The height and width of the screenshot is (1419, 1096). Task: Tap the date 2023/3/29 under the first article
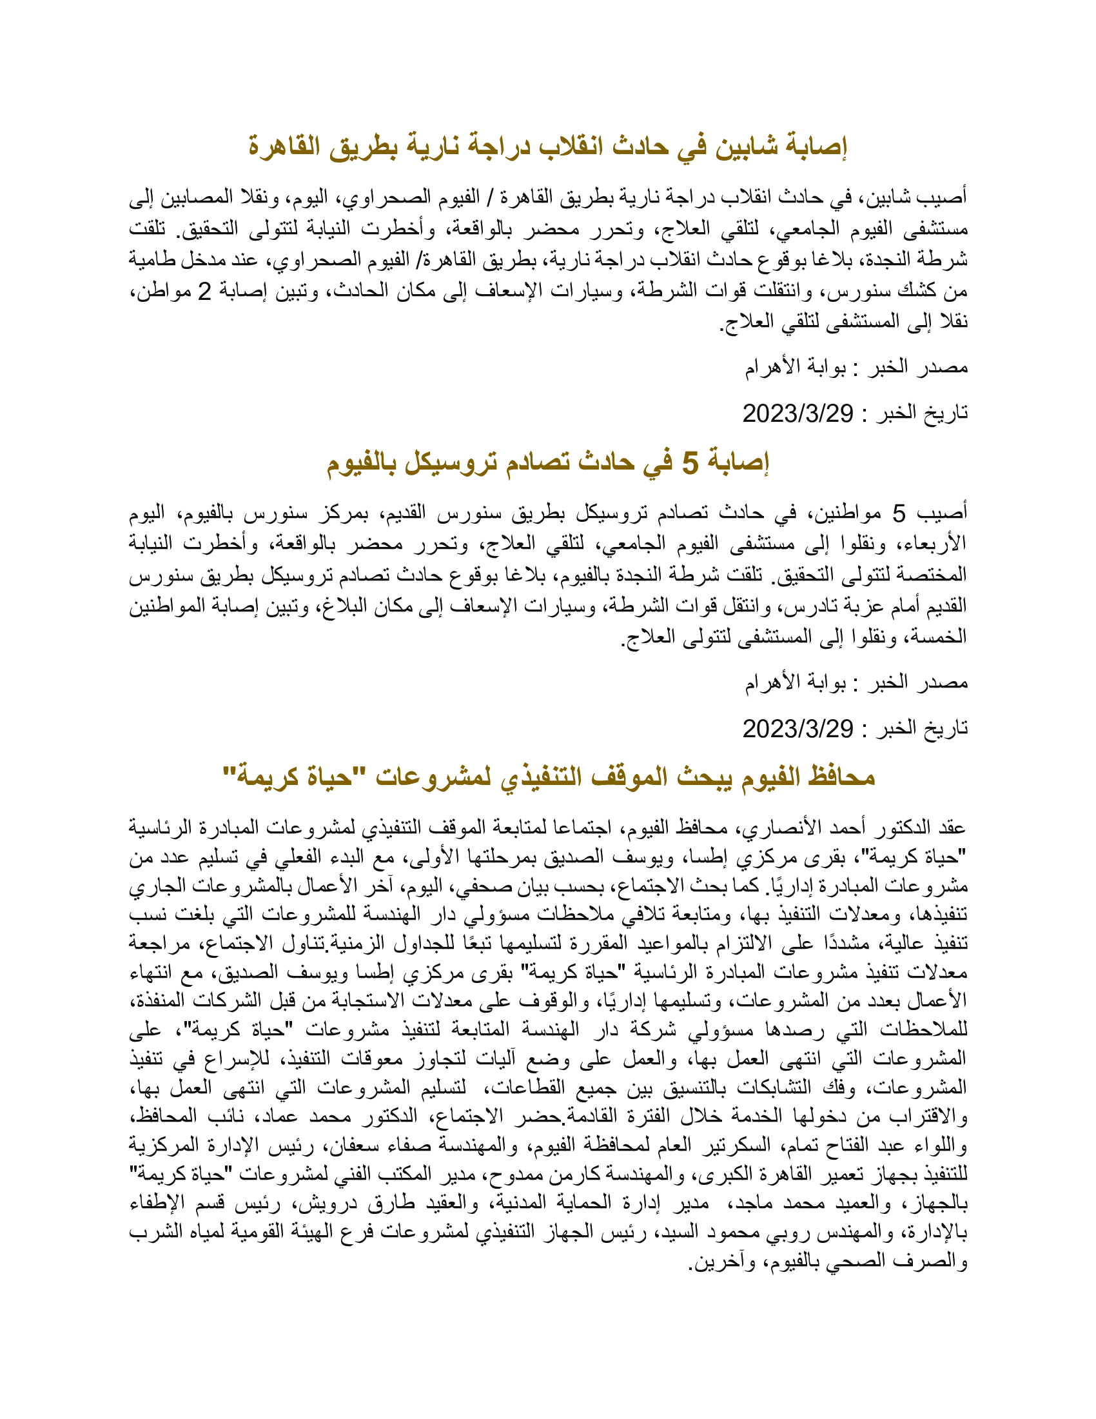point(798,413)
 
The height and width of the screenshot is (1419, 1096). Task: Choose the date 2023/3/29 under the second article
point(798,729)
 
